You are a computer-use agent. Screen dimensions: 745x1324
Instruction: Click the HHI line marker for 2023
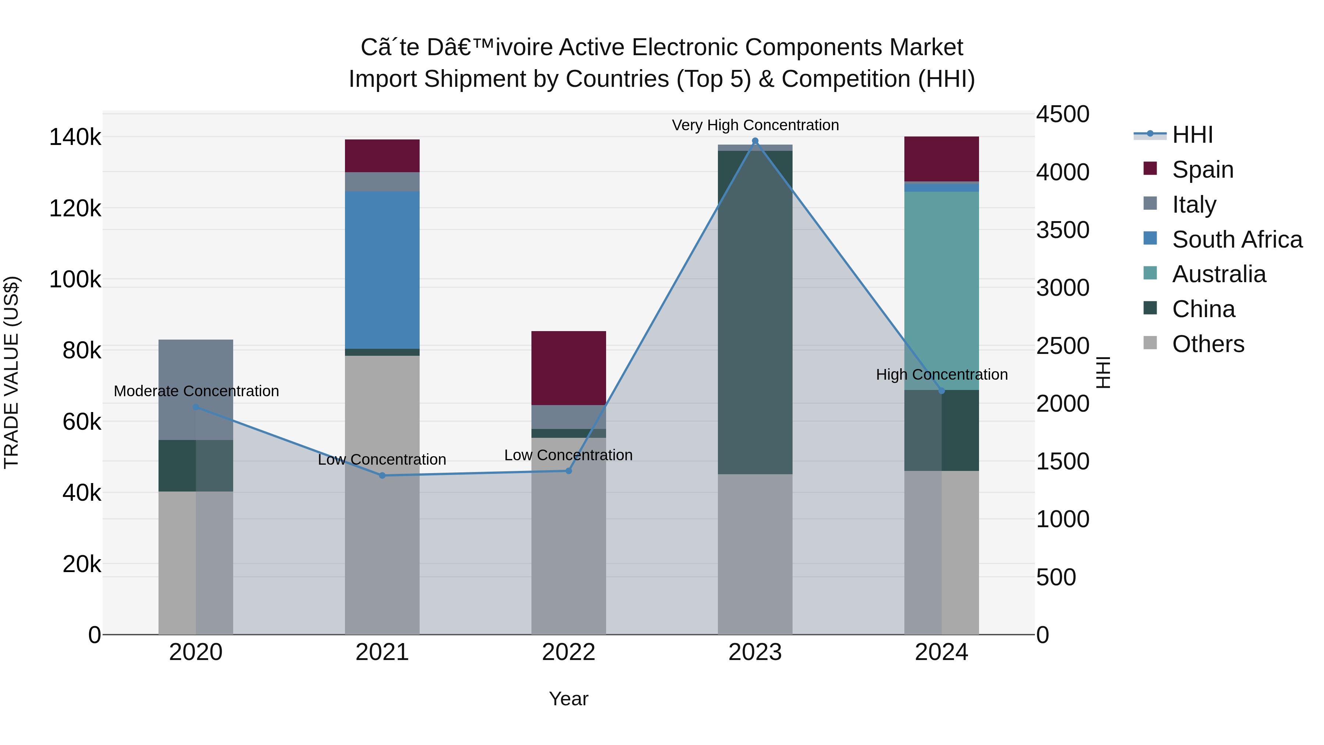tap(755, 141)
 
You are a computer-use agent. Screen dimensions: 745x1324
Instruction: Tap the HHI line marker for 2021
tap(382, 476)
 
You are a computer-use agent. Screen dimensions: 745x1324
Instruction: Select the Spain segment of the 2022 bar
tap(569, 368)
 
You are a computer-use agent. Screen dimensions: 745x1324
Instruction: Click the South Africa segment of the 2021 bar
tap(382, 270)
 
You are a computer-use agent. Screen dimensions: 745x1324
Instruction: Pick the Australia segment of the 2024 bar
tap(942, 291)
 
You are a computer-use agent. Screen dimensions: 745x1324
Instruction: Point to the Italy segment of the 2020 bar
tap(196, 389)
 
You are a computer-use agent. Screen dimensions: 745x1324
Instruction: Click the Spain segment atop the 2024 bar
tap(942, 159)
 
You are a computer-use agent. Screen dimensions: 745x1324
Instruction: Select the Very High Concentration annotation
tap(755, 125)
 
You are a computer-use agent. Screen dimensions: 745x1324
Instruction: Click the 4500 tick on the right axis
tap(1062, 114)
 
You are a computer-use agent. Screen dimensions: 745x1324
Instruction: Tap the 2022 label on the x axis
tap(569, 652)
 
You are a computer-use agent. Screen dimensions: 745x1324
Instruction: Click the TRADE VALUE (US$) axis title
tap(11, 372)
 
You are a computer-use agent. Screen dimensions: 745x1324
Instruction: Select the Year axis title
tap(569, 699)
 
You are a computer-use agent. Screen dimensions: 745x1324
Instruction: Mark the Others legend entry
tap(1208, 344)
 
